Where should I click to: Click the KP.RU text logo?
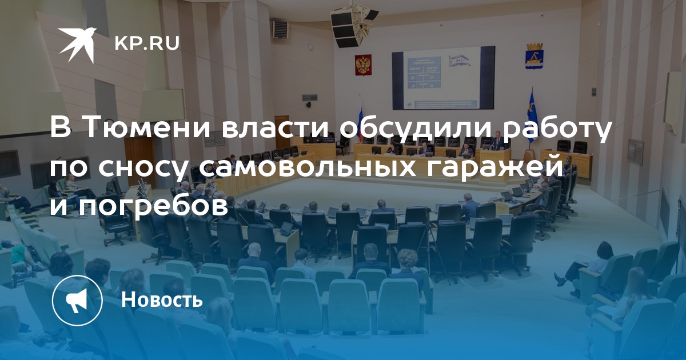pyautogui.click(x=147, y=44)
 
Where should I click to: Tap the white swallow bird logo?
pyautogui.click(x=78, y=45)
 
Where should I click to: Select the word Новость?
pyautogui.click(x=162, y=299)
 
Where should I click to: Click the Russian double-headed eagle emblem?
pyautogui.click(x=363, y=65)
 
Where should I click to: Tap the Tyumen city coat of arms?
pyautogui.click(x=534, y=56)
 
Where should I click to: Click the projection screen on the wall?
pyautogui.click(x=443, y=78)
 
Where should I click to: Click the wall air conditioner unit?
pyautogui.click(x=280, y=29)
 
